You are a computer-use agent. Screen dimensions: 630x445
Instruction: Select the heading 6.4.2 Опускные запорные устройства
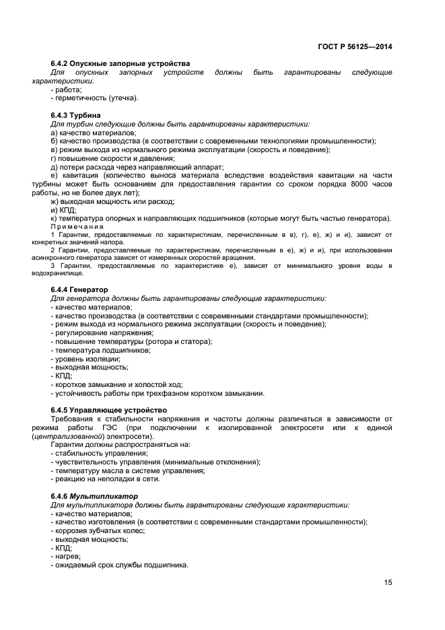pos(121,63)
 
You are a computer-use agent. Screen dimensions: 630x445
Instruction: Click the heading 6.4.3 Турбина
pos(76,115)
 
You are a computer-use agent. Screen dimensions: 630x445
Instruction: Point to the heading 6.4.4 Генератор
pos(79,289)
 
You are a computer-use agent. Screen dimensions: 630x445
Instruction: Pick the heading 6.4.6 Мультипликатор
pos(94,496)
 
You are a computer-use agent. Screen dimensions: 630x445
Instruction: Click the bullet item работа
pos(67,89)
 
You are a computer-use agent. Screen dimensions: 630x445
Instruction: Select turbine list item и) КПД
pos(64,210)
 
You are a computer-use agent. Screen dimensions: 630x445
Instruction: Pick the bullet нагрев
pos(66,557)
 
